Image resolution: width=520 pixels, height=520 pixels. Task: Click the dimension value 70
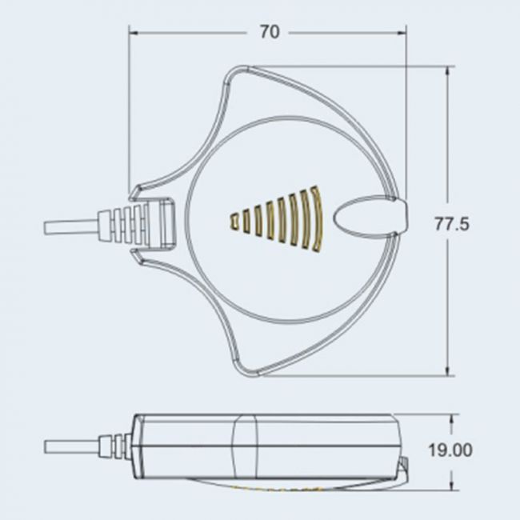point(270,32)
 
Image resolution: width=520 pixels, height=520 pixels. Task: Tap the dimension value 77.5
point(452,224)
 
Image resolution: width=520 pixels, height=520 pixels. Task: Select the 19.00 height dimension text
point(450,450)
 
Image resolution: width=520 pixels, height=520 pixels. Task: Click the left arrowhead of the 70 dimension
point(134,33)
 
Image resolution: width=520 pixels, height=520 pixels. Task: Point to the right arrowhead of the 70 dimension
point(402,33)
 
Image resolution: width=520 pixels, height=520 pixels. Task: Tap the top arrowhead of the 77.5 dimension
point(448,71)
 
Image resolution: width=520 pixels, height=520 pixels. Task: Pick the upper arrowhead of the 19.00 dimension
point(451,418)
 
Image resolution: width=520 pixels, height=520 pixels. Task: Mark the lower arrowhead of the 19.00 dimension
point(451,485)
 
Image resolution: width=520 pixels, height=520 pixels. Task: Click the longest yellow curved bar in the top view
point(316,219)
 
